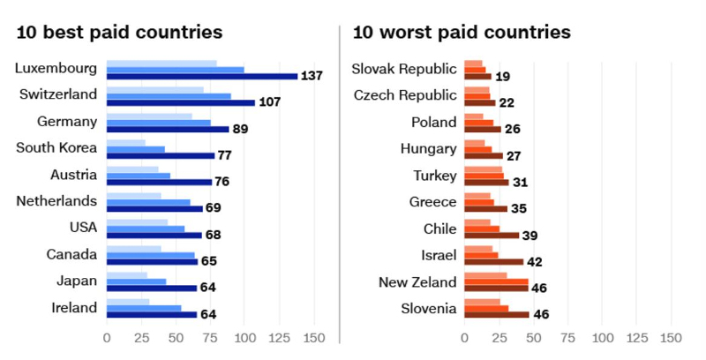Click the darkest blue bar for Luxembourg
click(202, 77)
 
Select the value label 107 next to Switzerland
click(269, 102)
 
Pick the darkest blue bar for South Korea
click(161, 156)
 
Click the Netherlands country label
click(56, 201)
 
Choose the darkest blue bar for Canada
click(152, 262)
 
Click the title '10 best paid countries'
click(119, 34)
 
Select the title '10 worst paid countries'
click(461, 34)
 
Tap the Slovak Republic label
click(404, 69)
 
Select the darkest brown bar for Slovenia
click(497, 314)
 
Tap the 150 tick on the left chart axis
click(313, 338)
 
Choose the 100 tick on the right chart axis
click(602, 338)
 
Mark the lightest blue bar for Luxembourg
click(161, 64)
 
